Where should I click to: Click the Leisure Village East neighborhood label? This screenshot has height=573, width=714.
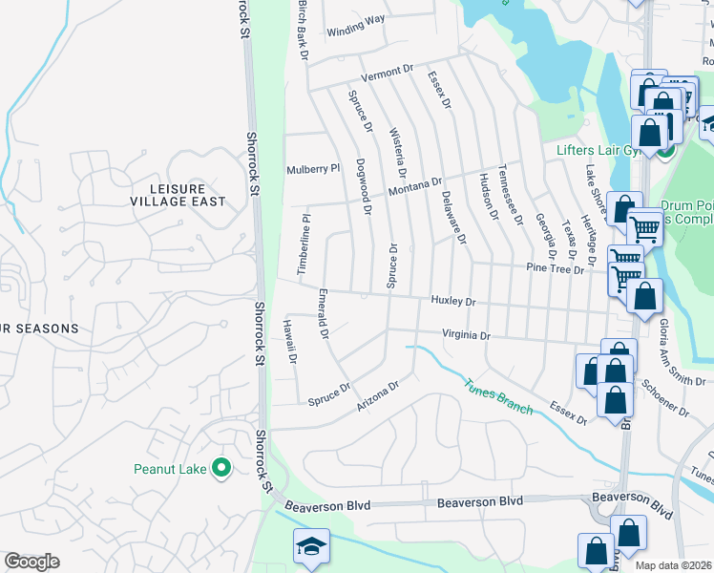(x=178, y=194)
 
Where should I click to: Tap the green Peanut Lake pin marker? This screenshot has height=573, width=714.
(x=221, y=468)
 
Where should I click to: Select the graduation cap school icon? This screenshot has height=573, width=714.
(x=311, y=546)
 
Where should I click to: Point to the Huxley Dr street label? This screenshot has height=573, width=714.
(x=452, y=301)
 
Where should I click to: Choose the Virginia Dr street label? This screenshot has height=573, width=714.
(x=465, y=335)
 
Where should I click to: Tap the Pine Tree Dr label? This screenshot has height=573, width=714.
(x=555, y=269)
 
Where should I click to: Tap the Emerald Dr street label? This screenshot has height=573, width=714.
(x=324, y=314)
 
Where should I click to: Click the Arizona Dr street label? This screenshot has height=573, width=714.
(x=376, y=395)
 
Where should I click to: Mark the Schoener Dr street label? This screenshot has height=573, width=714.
(x=665, y=396)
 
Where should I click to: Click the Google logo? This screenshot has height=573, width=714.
(x=31, y=562)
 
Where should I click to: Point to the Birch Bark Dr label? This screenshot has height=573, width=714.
(x=303, y=31)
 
